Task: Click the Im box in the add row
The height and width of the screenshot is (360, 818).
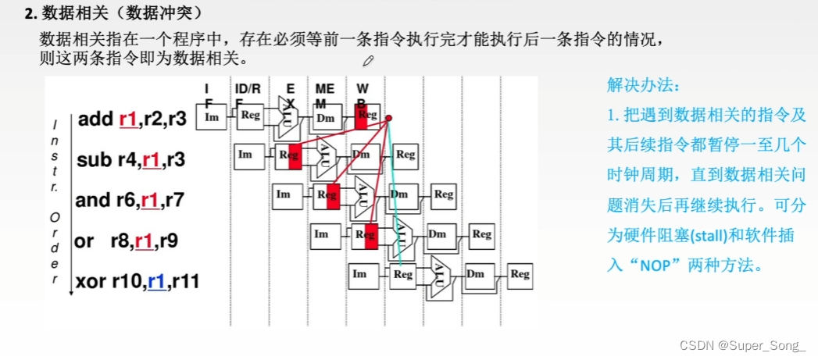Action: (211, 116)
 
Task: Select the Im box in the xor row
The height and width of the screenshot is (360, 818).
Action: (359, 274)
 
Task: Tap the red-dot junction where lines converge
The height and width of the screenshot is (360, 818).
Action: (389, 118)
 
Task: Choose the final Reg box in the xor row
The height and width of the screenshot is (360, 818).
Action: (519, 274)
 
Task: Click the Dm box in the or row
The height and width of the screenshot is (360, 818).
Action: (438, 233)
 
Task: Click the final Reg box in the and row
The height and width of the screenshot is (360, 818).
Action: (444, 194)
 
